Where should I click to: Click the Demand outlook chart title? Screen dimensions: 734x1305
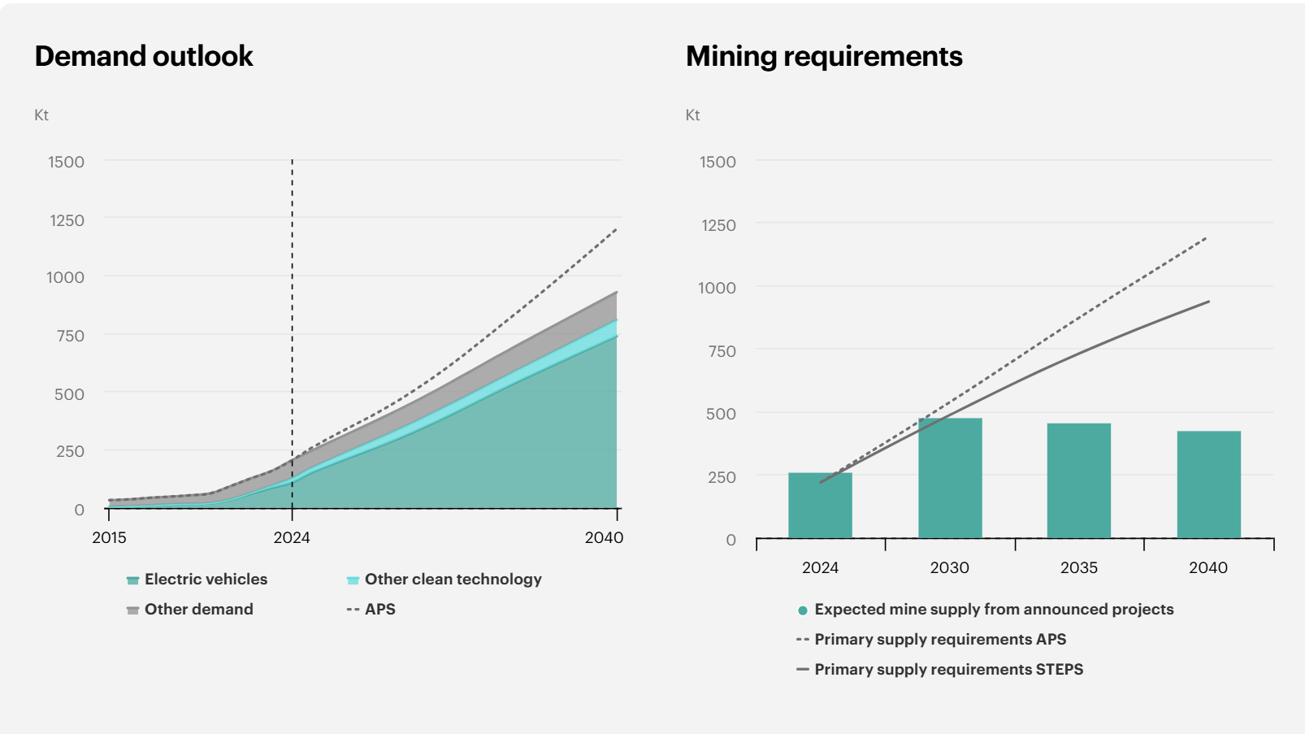pos(144,56)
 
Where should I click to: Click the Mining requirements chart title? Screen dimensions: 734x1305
pos(824,56)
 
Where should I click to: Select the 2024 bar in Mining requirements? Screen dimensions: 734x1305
pos(820,506)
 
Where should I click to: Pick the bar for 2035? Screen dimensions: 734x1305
pos(1078,480)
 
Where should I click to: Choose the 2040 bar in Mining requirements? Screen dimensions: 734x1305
pos(1208,484)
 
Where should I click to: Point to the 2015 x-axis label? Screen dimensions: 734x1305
pos(109,537)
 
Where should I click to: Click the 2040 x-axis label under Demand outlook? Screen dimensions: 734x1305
pos(604,537)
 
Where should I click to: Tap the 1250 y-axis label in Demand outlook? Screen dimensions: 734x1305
pos(67,220)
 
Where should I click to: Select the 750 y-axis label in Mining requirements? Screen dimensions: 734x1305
pos(722,351)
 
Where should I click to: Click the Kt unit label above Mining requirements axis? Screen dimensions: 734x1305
pos(692,115)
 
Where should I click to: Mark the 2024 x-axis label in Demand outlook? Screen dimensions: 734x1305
pos(292,537)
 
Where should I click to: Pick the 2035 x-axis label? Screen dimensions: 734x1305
pos(1078,567)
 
